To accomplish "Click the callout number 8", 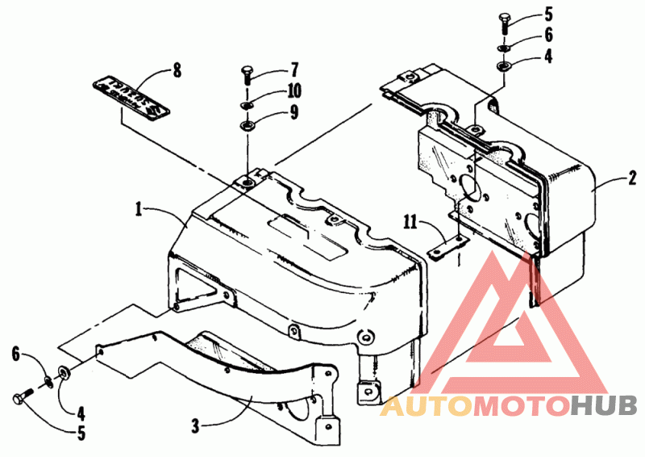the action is point(176,70).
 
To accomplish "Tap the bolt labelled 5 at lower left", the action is point(22,399).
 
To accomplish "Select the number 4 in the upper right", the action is point(548,58).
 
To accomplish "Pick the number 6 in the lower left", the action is point(16,353).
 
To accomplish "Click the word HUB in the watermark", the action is point(604,405).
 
